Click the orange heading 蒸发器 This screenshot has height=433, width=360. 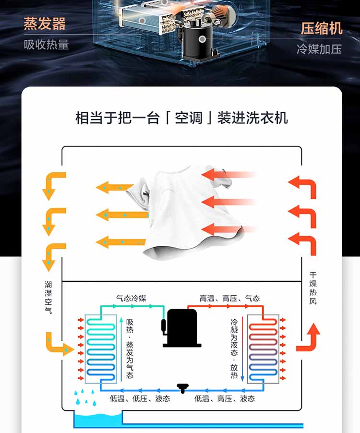(x=45, y=24)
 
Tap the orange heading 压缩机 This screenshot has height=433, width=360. (x=322, y=28)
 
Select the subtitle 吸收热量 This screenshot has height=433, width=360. (x=46, y=45)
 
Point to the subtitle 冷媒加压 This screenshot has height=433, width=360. (x=319, y=49)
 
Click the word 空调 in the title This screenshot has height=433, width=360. (x=189, y=118)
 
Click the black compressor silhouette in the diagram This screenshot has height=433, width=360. (x=181, y=328)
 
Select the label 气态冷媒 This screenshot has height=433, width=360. (x=131, y=298)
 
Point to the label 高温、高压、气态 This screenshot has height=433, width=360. (x=229, y=298)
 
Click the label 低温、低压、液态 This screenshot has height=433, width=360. (x=140, y=398)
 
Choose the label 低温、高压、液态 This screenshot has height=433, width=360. (x=225, y=398)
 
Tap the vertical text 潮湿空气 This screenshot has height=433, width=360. (x=48, y=298)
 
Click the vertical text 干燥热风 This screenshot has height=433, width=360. (x=313, y=289)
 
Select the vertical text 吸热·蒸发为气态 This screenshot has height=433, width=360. (x=130, y=349)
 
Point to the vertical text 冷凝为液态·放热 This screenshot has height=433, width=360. (x=234, y=349)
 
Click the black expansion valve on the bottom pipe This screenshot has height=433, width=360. (x=182, y=388)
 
